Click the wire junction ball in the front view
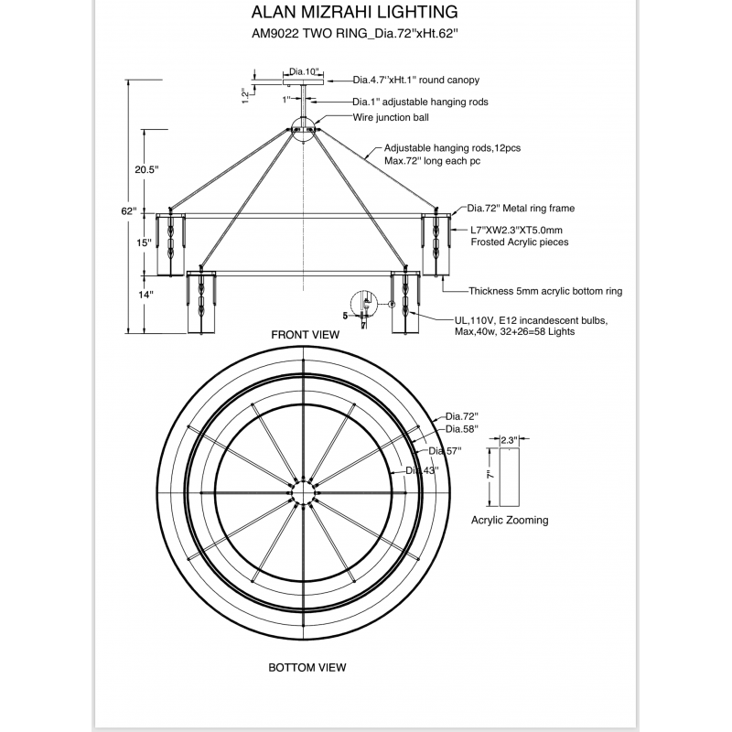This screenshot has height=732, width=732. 305,129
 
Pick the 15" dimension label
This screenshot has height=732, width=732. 144,243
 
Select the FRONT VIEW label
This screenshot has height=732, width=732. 305,335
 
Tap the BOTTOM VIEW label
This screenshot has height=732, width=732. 307,667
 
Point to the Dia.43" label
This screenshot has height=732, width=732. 422,469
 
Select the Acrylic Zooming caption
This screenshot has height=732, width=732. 510,520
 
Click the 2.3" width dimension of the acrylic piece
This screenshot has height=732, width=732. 509,440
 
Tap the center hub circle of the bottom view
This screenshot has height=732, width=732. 302,495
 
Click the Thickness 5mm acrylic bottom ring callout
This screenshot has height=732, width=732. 545,291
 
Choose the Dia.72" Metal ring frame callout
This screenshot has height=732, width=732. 521,209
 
